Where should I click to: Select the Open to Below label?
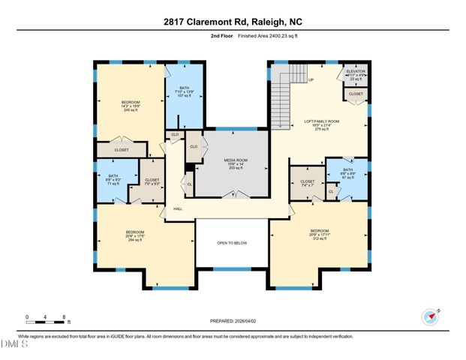[x=232, y=243]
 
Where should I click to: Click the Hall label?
[x=178, y=209]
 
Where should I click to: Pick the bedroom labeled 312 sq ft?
[x=319, y=233]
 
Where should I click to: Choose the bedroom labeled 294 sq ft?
[x=135, y=235]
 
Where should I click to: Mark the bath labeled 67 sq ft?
[x=347, y=172]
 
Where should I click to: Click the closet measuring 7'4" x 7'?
[x=307, y=183]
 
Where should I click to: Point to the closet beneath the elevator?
[x=356, y=94]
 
